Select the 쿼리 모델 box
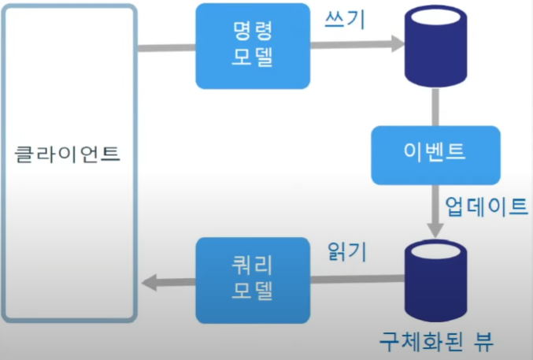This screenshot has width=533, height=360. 253,280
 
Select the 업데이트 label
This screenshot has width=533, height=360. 486,207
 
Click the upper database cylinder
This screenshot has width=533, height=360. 435,49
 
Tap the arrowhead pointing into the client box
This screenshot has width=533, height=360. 147,281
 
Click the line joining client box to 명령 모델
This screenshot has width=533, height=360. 167,47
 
